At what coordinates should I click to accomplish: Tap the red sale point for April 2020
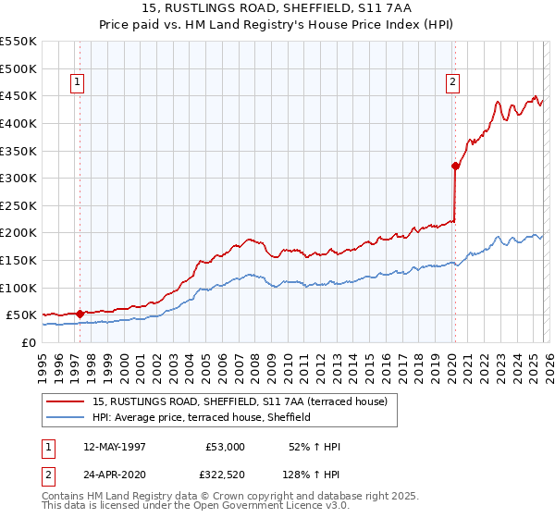pyautogui.click(x=455, y=166)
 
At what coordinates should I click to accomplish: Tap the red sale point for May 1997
pyautogui.click(x=80, y=314)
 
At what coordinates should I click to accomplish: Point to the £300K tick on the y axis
pyautogui.click(x=18, y=178)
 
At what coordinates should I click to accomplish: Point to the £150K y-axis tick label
pyautogui.click(x=18, y=260)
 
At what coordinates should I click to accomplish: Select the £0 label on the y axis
pyautogui.click(x=28, y=342)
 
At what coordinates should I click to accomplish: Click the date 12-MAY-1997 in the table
pyautogui.click(x=115, y=447)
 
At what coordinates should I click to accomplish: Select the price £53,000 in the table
pyautogui.click(x=225, y=447)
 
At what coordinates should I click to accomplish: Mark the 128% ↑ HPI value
pyautogui.click(x=311, y=477)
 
